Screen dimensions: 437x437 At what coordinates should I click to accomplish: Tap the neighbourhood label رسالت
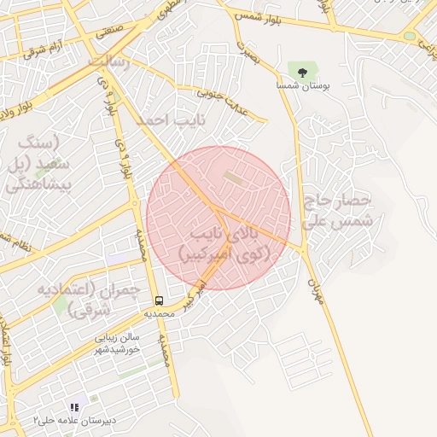point(110,61)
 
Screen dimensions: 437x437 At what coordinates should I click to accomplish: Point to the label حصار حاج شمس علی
point(338,209)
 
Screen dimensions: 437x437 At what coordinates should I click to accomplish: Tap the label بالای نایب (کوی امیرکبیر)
point(224,242)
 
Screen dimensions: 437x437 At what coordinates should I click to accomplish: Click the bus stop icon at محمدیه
point(159,300)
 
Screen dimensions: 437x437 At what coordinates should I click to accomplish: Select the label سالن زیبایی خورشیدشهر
point(117,344)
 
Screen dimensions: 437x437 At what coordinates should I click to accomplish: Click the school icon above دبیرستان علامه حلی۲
point(74,408)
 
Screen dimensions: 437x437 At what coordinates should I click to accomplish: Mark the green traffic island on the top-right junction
point(410,37)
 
